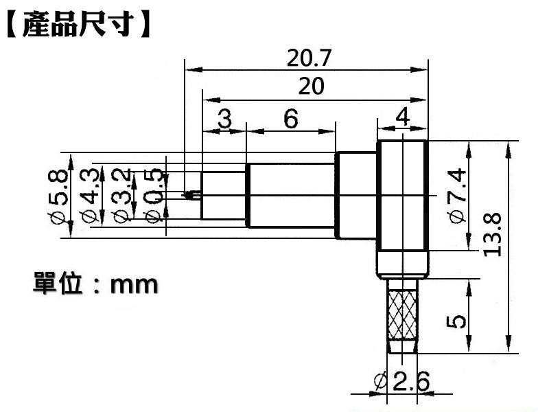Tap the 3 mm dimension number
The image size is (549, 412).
coord(224,119)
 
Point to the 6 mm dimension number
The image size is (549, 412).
coord(291,119)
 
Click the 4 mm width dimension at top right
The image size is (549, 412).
coord(403,117)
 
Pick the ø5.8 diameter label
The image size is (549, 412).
coord(60,196)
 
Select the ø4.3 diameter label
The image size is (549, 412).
coord(89,196)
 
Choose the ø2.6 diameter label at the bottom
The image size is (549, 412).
coord(403,381)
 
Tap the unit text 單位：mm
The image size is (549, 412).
coord(95,283)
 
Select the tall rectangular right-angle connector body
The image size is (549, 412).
coord(403,206)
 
